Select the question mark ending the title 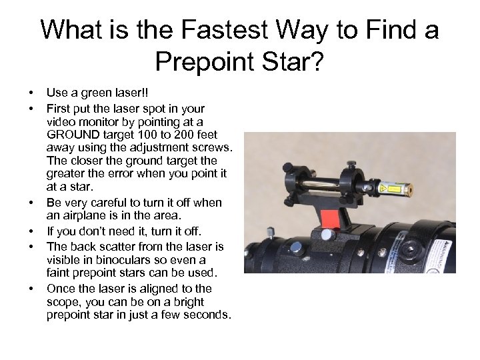pos(317,62)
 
